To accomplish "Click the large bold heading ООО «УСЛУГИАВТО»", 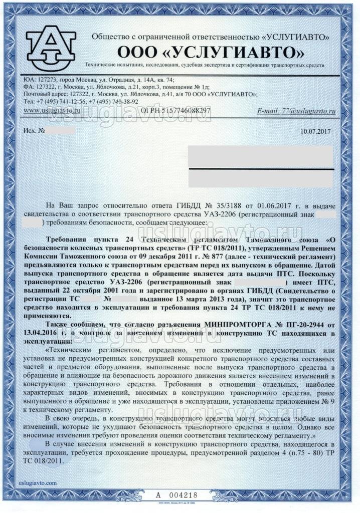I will click(x=211, y=52).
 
